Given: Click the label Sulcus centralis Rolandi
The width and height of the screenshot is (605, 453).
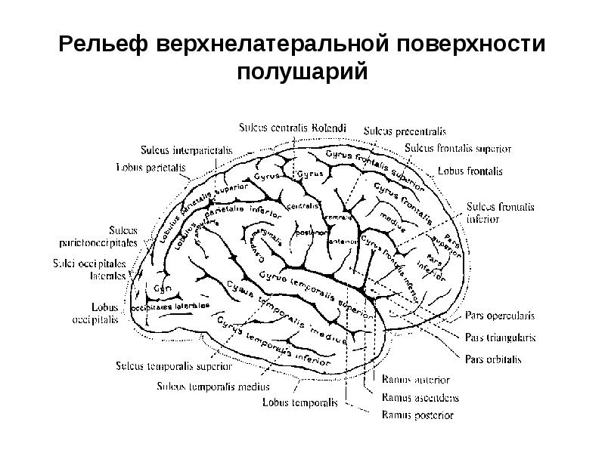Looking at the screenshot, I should (292, 128).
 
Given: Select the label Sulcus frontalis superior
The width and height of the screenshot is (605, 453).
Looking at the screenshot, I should (458, 148).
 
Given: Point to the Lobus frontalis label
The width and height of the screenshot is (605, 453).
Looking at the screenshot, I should (470, 171).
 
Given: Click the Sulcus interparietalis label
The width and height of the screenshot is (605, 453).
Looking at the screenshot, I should (185, 149).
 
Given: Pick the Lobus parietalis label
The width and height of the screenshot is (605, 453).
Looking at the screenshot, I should (149, 167).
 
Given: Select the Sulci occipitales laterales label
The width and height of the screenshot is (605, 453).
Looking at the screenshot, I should (88, 270).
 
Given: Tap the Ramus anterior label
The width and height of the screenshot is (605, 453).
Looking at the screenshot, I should (416, 379).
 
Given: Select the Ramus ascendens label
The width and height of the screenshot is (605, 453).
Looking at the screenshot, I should (420, 397).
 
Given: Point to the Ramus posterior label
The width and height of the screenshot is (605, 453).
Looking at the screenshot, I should (417, 414).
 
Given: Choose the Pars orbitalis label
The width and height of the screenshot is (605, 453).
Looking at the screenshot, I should (493, 359).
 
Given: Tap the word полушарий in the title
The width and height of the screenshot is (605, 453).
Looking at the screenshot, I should (302, 73).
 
